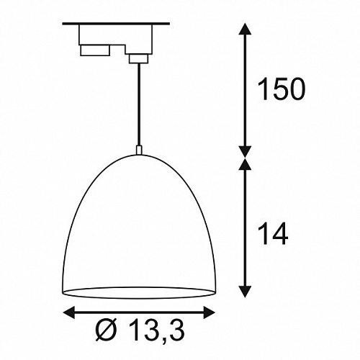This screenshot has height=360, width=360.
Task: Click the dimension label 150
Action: click(281, 89)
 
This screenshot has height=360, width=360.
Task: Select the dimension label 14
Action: click(273, 233)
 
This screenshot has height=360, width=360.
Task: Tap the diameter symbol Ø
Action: click(107, 329)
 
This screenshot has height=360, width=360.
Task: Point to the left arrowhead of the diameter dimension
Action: click(68, 312)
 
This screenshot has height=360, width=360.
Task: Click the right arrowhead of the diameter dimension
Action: click(209, 312)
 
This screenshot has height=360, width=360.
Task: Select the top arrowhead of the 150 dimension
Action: click(245, 29)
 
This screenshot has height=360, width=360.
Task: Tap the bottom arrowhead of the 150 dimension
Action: click(245, 152)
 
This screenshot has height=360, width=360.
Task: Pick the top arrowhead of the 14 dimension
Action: click(245, 164)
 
